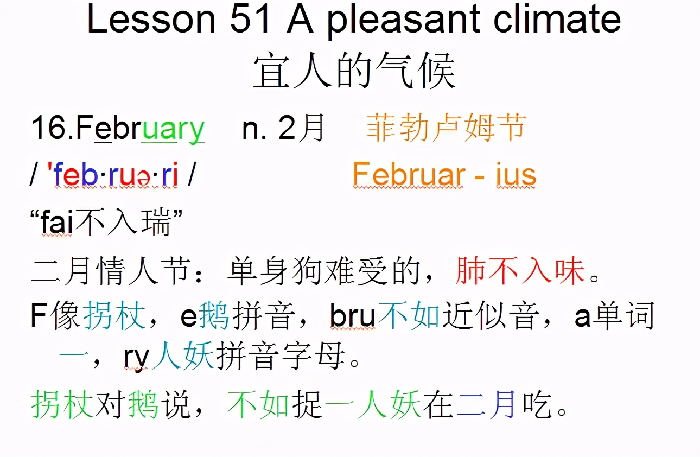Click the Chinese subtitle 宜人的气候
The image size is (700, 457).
click(354, 72)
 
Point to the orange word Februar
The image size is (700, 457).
click(408, 175)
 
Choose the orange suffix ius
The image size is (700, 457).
click(516, 175)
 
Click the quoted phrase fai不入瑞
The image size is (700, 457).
click(106, 223)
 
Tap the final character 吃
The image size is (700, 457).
click(538, 404)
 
